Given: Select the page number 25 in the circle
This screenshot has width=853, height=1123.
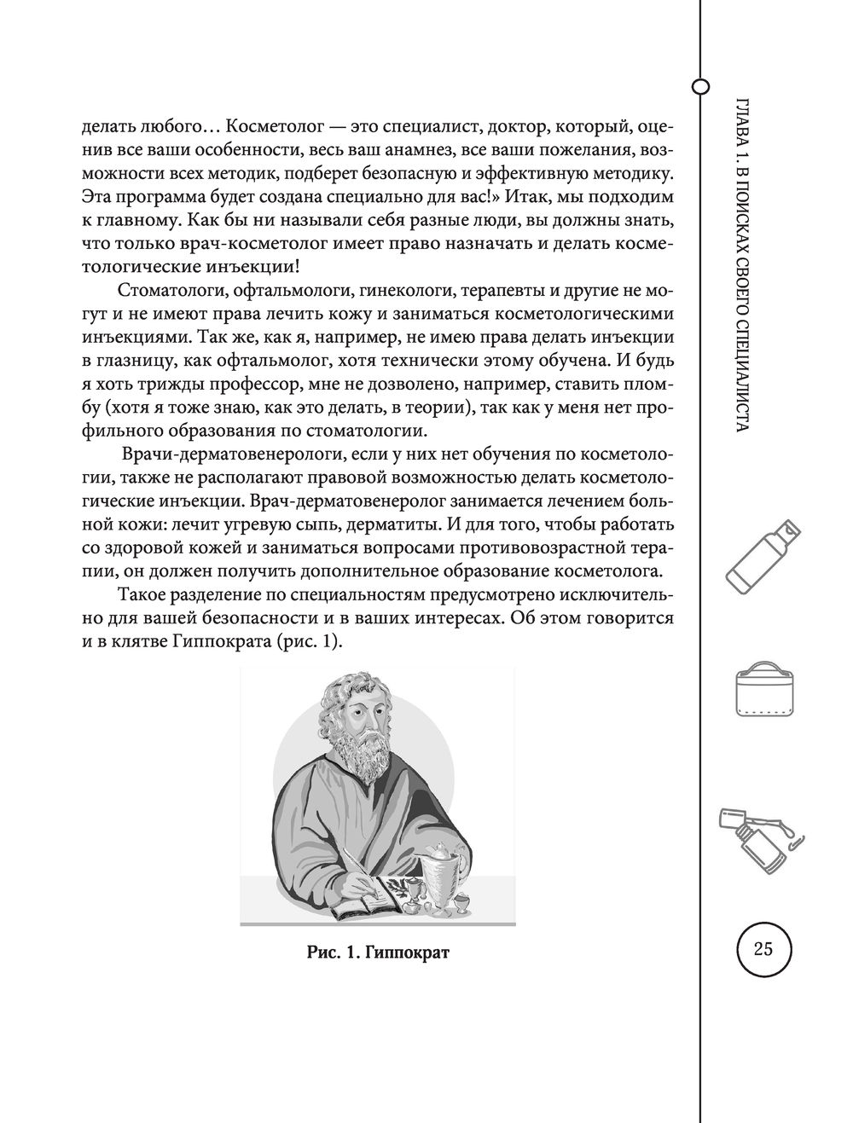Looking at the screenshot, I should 763,948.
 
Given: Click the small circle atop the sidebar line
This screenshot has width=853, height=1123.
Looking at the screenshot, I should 700,86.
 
